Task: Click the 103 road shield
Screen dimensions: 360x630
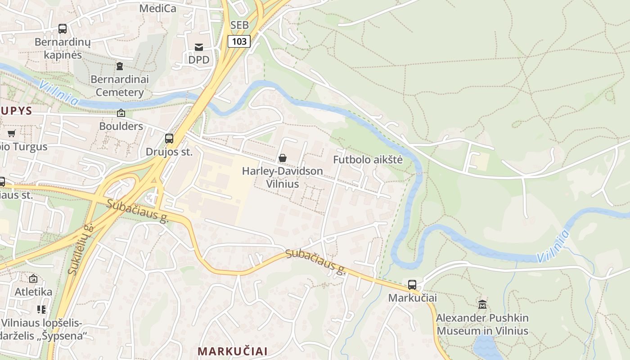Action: (x=239, y=42)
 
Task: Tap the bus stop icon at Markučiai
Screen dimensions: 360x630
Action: (x=412, y=284)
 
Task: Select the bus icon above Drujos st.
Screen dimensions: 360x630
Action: (x=169, y=139)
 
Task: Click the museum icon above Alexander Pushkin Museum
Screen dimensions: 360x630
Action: (x=482, y=304)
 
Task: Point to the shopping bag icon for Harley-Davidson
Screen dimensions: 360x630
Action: (x=283, y=158)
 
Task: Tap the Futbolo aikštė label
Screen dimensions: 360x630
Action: (x=368, y=160)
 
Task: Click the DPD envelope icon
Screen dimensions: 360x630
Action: (x=198, y=47)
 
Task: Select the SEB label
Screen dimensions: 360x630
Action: (x=239, y=25)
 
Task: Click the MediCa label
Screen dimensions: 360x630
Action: (x=158, y=8)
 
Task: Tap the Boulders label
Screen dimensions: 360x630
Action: (x=121, y=126)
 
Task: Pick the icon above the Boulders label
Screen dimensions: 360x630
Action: (x=121, y=113)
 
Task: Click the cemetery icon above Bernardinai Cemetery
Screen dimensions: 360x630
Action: (x=119, y=67)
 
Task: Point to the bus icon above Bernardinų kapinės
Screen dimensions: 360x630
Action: (x=63, y=29)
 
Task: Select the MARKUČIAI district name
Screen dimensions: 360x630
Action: (x=233, y=351)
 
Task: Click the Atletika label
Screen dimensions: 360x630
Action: (x=33, y=292)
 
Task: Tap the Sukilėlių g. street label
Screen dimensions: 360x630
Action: (x=80, y=249)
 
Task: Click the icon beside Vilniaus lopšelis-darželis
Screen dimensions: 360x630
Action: (x=41, y=309)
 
